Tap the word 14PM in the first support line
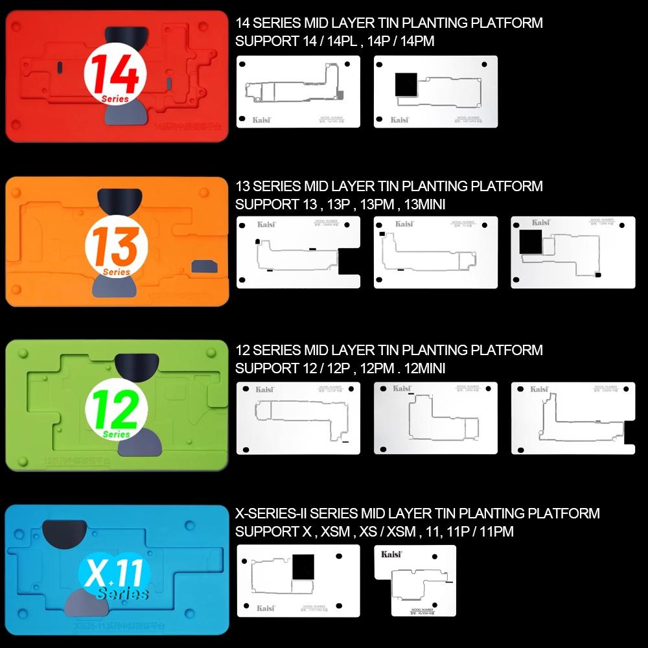tap(418, 41)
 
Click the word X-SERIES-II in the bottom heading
tap(271, 514)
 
